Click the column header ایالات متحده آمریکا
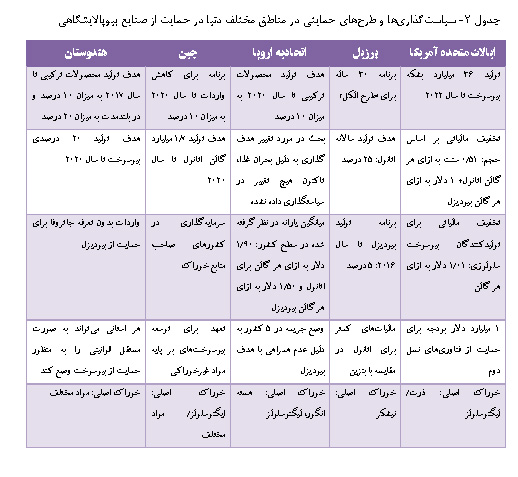point(445,49)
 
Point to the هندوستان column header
point(86,49)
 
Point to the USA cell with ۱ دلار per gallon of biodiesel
point(445,158)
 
